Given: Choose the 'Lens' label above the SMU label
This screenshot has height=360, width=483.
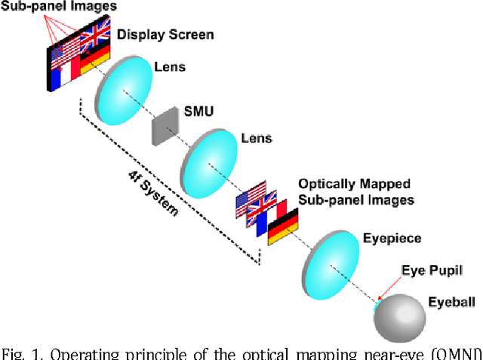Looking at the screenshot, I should pos(169,66).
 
